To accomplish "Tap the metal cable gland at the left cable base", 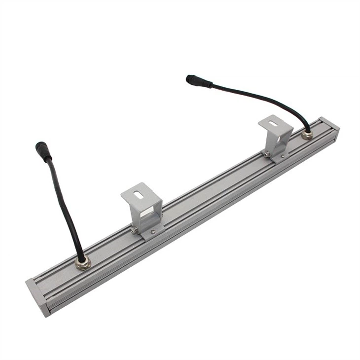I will pyautogui.click(x=82, y=263).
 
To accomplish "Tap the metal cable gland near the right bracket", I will pyautogui.click(x=307, y=134).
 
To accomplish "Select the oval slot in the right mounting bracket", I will pyautogui.click(x=275, y=123).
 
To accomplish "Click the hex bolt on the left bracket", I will pyautogui.click(x=134, y=229).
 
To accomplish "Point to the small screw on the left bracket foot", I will pyautogui.click(x=153, y=231).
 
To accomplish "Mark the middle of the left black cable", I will pyautogui.click(x=64, y=207).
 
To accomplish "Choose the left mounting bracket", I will pyautogui.click(x=143, y=210).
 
